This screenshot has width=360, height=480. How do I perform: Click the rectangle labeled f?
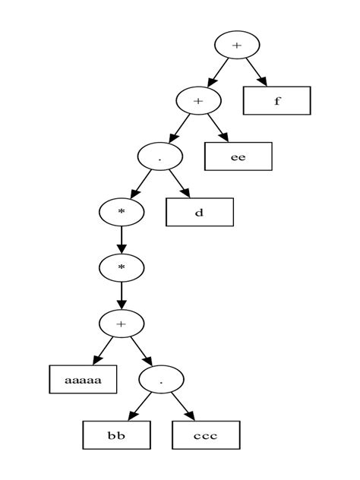[x=276, y=100]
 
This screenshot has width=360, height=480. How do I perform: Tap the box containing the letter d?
[x=199, y=212]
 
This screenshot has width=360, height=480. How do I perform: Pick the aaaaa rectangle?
[x=84, y=379]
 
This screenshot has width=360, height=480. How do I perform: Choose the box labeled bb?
[x=116, y=434]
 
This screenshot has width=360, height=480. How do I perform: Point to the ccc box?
[x=205, y=434]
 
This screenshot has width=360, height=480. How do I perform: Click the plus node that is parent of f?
[x=237, y=45]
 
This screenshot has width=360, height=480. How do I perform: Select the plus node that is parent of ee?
[x=198, y=100]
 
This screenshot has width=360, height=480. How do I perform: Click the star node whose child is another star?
[x=122, y=211]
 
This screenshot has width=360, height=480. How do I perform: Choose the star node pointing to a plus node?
[x=122, y=267]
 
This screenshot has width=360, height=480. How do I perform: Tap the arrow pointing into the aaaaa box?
[x=102, y=351]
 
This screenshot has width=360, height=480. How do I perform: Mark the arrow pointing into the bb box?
[x=137, y=407]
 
